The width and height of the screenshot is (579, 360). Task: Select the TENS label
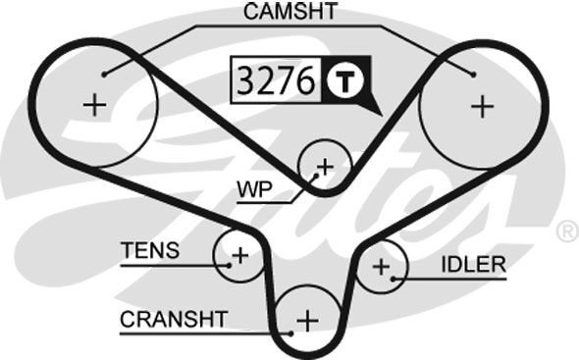(x=150, y=250)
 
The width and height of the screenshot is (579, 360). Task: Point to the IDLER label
(x=475, y=264)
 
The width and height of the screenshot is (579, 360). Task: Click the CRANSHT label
(x=174, y=319)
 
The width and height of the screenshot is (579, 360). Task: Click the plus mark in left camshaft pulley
(x=94, y=105)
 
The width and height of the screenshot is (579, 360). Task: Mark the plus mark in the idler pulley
(x=381, y=266)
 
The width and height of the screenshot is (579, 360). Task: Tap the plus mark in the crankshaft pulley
(x=308, y=320)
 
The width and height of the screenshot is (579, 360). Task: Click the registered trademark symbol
(x=566, y=231)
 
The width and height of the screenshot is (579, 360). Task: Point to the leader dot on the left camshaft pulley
(x=103, y=73)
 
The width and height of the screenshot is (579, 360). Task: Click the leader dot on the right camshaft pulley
(x=474, y=74)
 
